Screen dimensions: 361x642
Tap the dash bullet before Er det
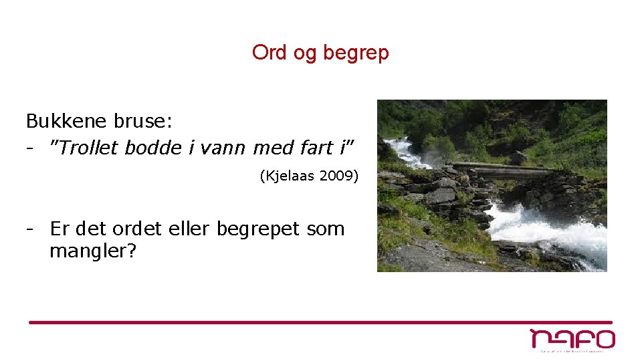pyautogui.click(x=30, y=229)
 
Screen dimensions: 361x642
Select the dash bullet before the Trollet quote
pyautogui.click(x=30, y=148)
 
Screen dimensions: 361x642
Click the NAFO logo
pyautogui.click(x=572, y=340)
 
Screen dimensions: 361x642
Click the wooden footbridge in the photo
pyautogui.click(x=502, y=168)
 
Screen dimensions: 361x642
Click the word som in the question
pyautogui.click(x=326, y=229)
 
